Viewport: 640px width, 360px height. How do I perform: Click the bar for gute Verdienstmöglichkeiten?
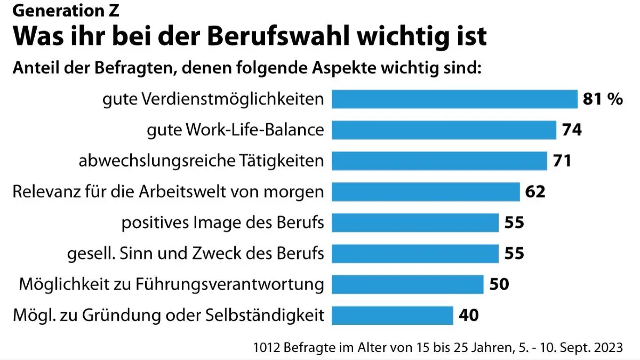click(454, 99)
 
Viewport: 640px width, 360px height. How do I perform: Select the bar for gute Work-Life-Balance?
click(444, 130)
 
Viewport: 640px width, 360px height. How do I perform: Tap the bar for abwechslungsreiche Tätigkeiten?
click(439, 161)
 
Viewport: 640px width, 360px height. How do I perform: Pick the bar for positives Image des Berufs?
click(415, 222)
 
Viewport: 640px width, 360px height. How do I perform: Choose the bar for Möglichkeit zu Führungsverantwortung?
click(407, 284)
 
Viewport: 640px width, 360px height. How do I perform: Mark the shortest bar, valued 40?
click(393, 315)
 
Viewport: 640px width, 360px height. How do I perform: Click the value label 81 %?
click(603, 99)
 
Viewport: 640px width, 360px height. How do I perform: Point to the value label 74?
click(572, 130)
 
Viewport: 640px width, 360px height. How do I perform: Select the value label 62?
click(535, 191)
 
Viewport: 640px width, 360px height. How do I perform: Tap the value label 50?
click(499, 284)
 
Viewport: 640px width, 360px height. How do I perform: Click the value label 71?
click(562, 161)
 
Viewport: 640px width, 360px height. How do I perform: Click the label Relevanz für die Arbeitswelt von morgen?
click(168, 191)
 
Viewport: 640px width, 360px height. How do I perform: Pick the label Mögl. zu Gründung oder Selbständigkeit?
click(168, 315)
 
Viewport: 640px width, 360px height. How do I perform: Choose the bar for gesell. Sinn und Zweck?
click(415, 253)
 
